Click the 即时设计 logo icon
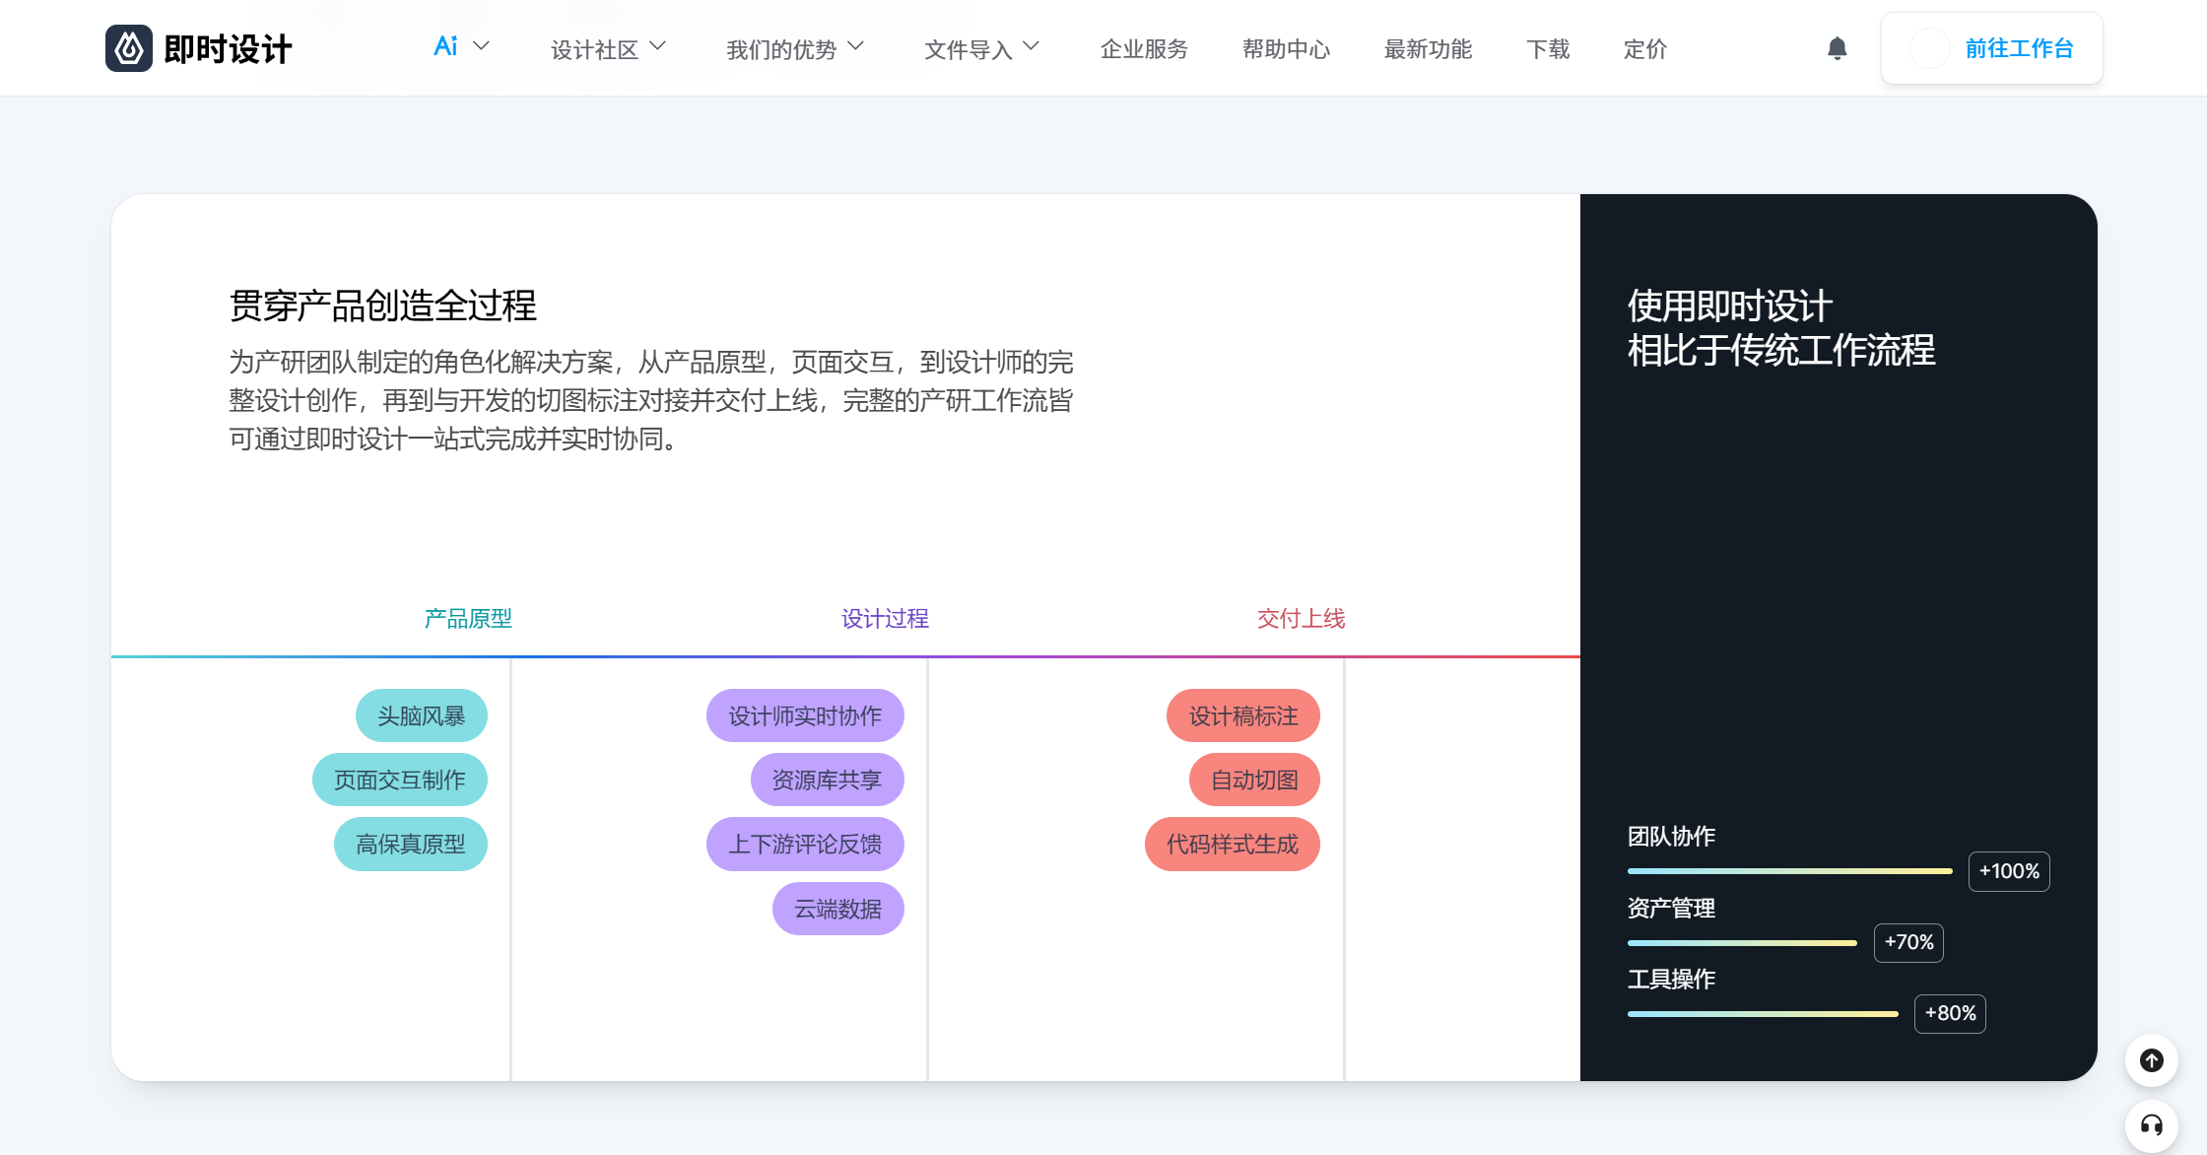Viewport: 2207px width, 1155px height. coord(129,48)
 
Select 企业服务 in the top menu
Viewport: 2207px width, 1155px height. coord(1144,48)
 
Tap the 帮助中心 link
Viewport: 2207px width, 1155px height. coord(1286,48)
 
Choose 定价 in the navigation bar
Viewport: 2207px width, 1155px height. coord(1644,48)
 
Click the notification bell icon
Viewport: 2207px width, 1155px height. coord(1838,48)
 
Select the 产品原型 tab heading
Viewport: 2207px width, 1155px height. coord(468,618)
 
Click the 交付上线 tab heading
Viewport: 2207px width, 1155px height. coord(1301,618)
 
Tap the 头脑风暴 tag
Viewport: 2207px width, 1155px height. coord(422,715)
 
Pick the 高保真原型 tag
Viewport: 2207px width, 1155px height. coord(411,844)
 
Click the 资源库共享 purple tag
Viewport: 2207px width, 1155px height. coord(828,780)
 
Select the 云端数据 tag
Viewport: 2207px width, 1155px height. coord(838,908)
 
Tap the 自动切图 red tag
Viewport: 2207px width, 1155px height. coord(1254,780)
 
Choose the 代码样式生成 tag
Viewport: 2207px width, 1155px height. coord(1233,844)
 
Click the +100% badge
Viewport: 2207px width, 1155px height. coord(2009,871)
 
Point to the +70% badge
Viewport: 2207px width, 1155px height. coord(1908,942)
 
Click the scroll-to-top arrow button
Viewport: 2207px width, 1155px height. coord(2152,1060)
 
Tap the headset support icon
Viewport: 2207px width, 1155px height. coord(2152,1125)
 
